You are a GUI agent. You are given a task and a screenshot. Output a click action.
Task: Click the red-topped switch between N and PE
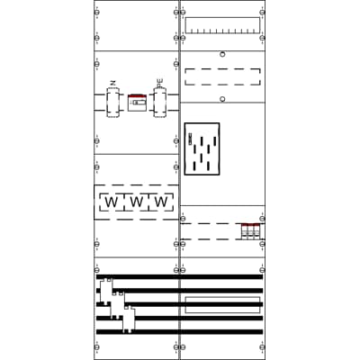(x=137, y=102)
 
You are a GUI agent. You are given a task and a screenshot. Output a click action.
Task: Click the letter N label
(x=112, y=84)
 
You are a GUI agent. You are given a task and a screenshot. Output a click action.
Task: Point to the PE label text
(x=160, y=83)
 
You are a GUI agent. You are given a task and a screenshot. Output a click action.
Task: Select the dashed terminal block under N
(x=112, y=102)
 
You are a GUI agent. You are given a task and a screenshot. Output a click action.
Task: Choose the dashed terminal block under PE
(x=160, y=102)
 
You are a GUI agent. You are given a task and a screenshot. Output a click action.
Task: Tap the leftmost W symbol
(x=111, y=202)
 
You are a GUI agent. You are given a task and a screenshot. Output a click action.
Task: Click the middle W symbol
(x=136, y=202)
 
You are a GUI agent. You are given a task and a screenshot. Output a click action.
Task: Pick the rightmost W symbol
(x=161, y=202)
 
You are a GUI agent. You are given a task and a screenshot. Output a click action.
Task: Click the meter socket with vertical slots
(x=202, y=148)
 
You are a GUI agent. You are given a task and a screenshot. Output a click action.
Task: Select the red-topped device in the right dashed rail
(x=250, y=230)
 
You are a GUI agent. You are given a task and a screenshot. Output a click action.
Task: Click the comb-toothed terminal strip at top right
(x=222, y=25)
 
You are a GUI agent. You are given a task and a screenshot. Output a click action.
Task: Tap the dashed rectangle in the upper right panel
(x=222, y=76)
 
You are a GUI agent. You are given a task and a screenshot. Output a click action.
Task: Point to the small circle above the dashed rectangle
(x=222, y=54)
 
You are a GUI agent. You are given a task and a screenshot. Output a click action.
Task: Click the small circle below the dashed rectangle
(x=222, y=98)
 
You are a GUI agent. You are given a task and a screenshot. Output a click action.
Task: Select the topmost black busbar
(x=179, y=276)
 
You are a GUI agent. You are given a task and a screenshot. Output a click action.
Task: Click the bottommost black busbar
(x=179, y=331)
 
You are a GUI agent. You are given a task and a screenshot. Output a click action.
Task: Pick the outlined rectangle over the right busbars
(x=222, y=304)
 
